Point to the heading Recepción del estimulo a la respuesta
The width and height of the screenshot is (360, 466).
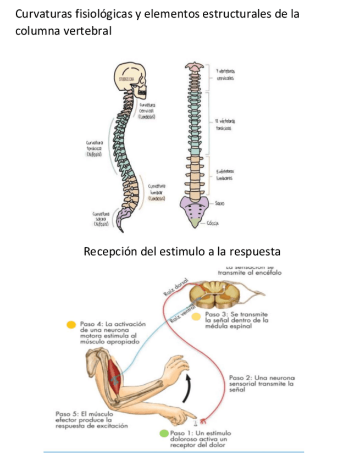(182, 252)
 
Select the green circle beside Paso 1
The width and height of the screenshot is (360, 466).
(163, 433)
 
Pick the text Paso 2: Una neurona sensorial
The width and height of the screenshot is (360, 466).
(262, 383)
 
